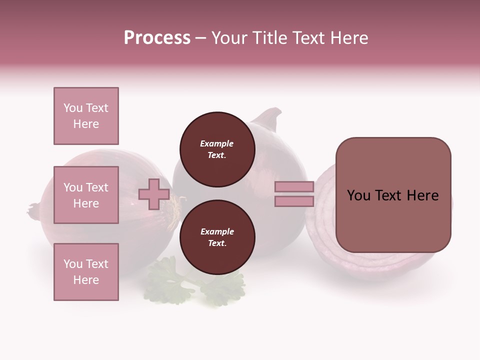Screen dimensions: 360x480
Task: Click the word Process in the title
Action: point(157,38)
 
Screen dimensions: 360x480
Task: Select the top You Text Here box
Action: point(86,116)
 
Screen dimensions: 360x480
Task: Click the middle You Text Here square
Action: point(86,195)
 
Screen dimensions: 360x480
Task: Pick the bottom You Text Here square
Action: point(86,272)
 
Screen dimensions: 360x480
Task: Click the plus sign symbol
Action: point(153,194)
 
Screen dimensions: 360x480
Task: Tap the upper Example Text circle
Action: point(217,149)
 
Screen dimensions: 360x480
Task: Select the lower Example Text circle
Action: point(217,237)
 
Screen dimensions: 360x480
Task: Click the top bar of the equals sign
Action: point(294,186)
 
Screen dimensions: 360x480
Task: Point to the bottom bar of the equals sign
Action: point(294,201)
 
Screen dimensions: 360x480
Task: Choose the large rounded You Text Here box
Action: point(393,195)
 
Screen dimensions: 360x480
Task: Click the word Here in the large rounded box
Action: point(422,195)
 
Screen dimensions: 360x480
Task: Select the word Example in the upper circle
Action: point(216,143)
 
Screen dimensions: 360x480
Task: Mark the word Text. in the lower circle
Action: point(217,243)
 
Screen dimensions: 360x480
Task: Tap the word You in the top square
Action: point(73,108)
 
